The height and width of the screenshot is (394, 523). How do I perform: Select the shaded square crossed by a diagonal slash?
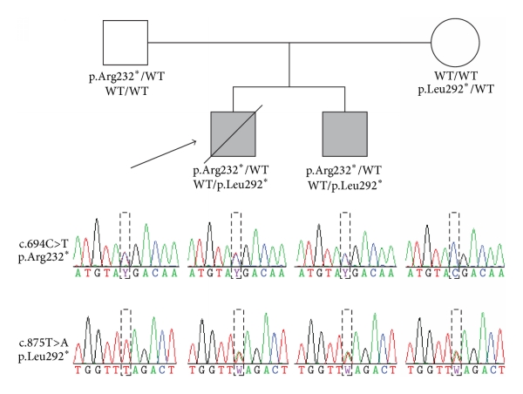tap(235, 135)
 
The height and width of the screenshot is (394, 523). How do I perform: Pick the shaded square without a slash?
tap(346, 135)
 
